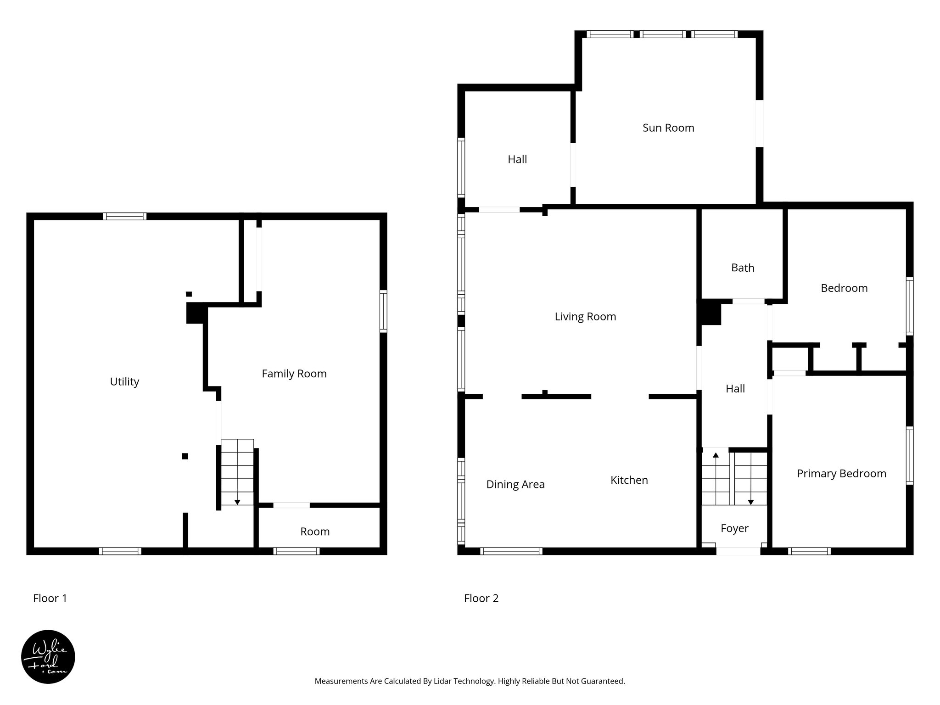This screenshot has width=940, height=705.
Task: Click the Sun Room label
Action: [x=668, y=128]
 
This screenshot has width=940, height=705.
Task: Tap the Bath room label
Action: [x=742, y=268]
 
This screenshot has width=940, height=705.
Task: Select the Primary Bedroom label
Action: [x=841, y=474]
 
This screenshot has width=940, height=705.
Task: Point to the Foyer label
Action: [x=734, y=528]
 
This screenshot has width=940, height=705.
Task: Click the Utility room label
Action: [x=124, y=382]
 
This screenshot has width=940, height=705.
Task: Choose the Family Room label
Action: [x=294, y=374]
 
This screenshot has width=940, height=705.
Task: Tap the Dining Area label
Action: [x=515, y=484]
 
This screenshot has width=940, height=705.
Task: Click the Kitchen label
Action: [x=629, y=480]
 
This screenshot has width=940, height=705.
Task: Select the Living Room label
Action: [x=585, y=317]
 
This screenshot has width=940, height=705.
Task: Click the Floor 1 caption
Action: [x=50, y=599]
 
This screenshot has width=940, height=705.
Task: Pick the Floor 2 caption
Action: [x=481, y=599]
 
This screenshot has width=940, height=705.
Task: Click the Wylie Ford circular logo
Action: [x=48, y=656]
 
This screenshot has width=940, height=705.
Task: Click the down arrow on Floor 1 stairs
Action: [x=237, y=502]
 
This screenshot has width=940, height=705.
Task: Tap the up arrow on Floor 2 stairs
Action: [x=715, y=455]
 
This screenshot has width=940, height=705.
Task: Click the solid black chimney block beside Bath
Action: [x=710, y=313]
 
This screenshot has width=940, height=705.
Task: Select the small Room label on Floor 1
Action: [x=315, y=532]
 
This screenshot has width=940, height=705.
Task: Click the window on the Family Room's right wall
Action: [x=383, y=311]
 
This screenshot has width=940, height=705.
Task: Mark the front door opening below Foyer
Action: [x=738, y=551]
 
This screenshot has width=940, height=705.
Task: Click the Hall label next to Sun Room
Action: [x=517, y=159]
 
